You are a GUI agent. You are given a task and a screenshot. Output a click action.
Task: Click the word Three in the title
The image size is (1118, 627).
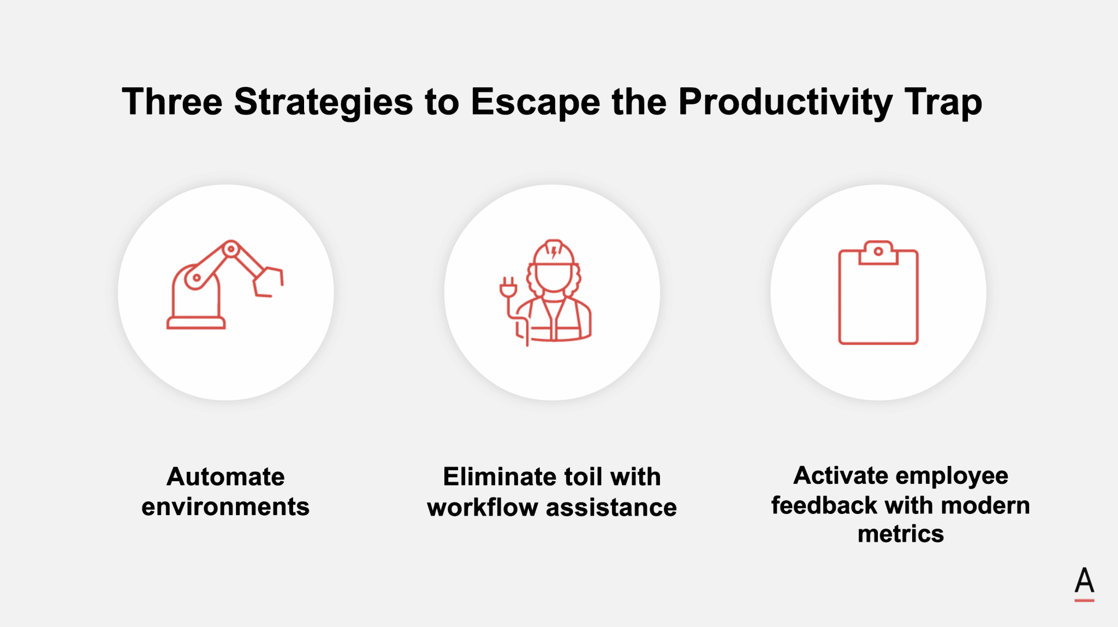(172, 102)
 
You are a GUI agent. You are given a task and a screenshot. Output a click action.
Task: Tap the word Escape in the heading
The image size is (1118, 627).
(535, 103)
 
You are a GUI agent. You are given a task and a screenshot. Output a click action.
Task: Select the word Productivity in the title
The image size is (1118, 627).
(786, 103)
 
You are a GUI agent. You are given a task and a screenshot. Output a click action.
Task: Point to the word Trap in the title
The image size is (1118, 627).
(943, 103)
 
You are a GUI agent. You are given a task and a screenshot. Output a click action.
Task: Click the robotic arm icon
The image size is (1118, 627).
(224, 285)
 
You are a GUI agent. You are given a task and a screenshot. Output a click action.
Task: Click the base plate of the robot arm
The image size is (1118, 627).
(196, 323)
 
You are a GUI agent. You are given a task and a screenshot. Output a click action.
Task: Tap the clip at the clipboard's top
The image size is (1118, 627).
(878, 253)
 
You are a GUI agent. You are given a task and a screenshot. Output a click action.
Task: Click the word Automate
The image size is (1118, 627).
(225, 477)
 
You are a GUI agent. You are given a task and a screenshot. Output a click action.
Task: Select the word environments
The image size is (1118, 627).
(225, 507)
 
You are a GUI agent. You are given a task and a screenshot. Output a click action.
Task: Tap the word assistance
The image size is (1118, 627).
(611, 508)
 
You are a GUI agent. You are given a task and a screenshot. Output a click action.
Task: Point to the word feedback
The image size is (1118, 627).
(824, 505)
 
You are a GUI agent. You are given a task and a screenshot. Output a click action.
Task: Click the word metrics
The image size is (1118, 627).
(901, 534)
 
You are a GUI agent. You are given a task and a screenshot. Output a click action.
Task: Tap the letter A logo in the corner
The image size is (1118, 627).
(1084, 583)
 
